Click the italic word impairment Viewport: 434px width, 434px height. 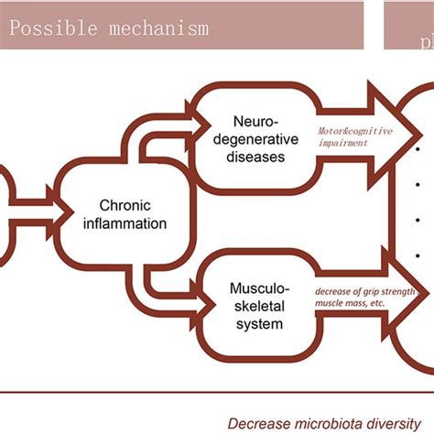pos(341,143)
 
